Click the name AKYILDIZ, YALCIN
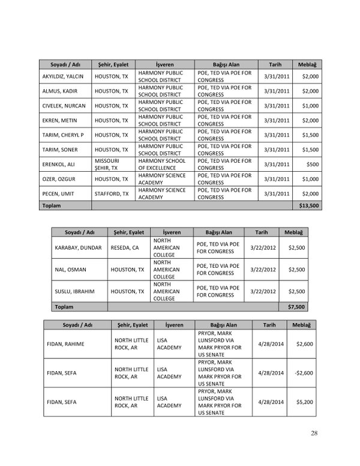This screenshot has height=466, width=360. pyautogui.click(x=62, y=77)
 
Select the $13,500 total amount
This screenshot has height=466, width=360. pyautogui.click(x=309, y=205)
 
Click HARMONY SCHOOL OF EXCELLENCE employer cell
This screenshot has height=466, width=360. pyautogui.click(x=161, y=165)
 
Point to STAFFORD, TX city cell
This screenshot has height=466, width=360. pyautogui.click(x=112, y=194)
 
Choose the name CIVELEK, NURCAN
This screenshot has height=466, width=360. pyautogui.click(x=62, y=106)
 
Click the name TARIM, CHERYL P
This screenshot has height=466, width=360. pyautogui.click(x=63, y=135)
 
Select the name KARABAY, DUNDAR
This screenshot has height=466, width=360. pyautogui.click(x=79, y=247)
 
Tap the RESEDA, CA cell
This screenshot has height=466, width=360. pyautogui.click(x=125, y=247)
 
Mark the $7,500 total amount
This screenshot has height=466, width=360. pyautogui.click(x=296, y=306)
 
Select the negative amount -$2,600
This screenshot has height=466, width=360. pyautogui.click(x=304, y=372)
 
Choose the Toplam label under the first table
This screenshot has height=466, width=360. pyautogui.click(x=51, y=205)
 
